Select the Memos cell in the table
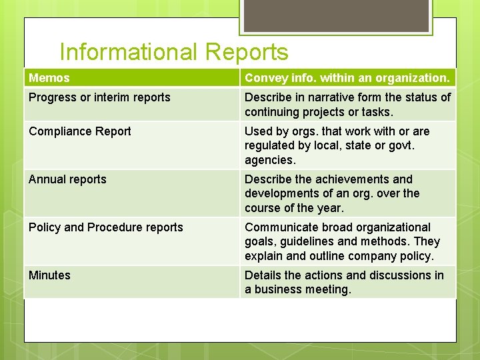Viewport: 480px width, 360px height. (49, 78)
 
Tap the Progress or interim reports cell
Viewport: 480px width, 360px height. (99, 97)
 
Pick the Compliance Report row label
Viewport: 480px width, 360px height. (80, 131)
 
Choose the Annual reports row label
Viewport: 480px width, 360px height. (67, 179)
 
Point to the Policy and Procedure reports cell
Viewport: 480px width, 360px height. (105, 227)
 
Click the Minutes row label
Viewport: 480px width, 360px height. (49, 275)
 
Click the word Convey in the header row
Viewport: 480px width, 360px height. (265, 78)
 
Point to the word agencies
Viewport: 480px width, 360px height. (270, 160)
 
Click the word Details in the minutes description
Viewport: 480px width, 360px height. (263, 275)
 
